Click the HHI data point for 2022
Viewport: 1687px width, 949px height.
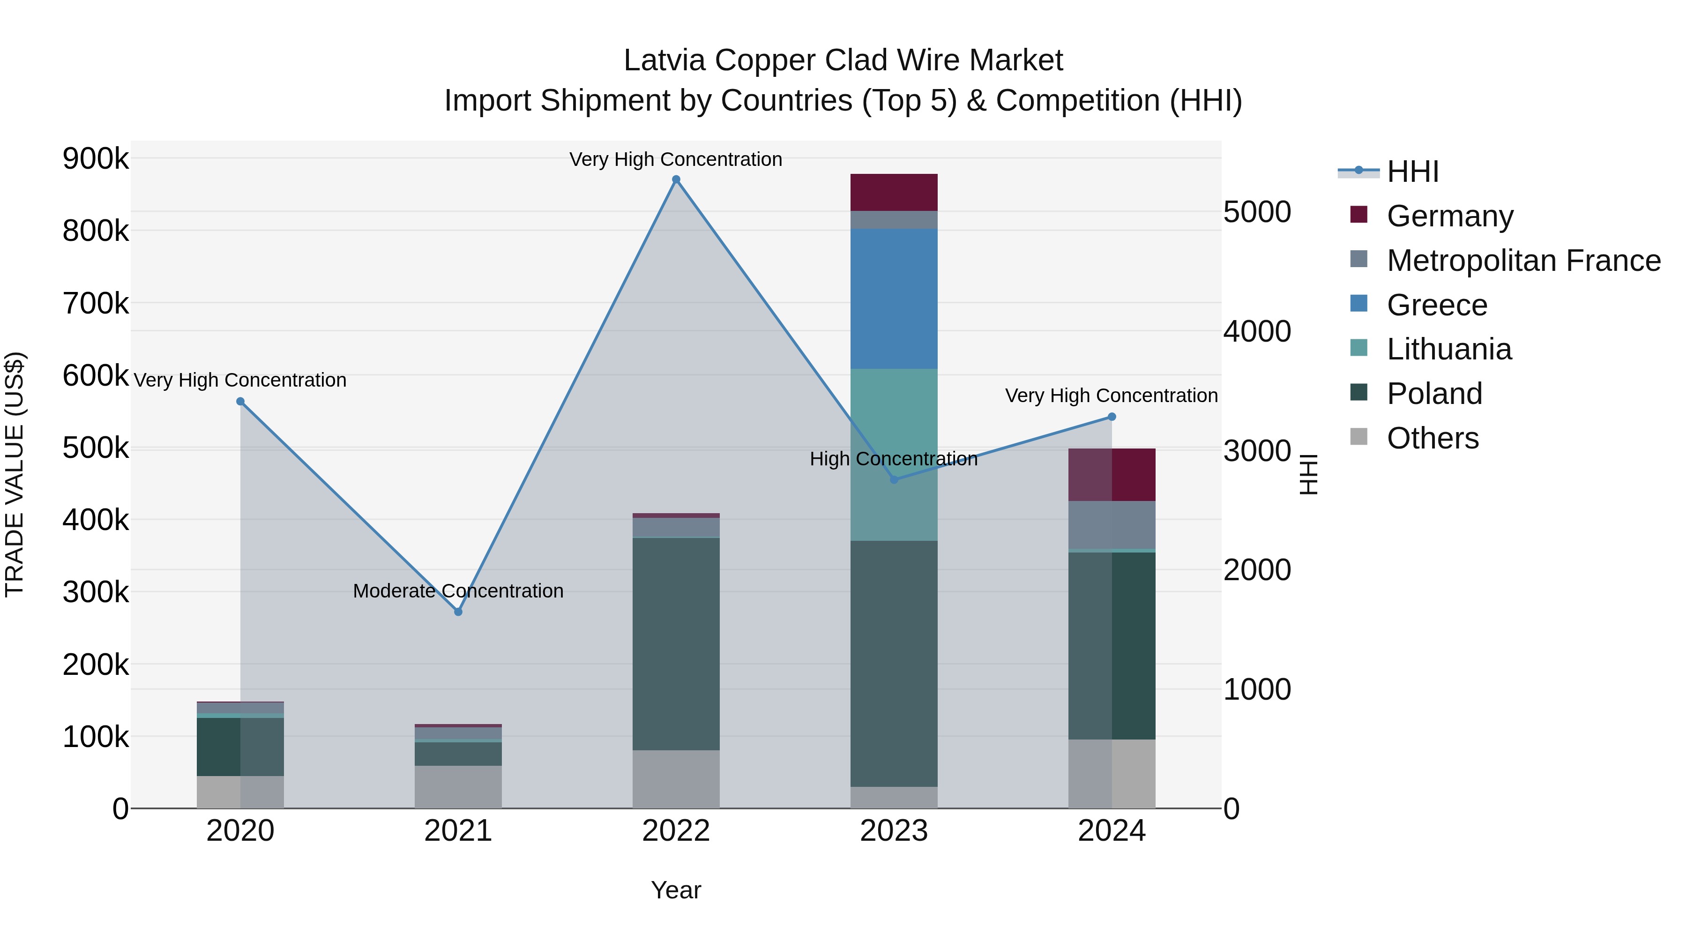(x=676, y=179)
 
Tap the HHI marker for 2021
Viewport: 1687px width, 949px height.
(x=458, y=612)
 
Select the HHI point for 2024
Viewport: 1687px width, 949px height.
(x=1112, y=417)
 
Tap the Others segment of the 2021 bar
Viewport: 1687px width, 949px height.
(x=458, y=786)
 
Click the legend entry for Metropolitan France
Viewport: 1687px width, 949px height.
(x=1523, y=260)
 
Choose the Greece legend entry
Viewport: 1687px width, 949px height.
(x=1437, y=305)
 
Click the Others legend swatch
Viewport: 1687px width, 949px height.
(x=1359, y=437)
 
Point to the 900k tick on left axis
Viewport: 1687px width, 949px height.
(x=96, y=158)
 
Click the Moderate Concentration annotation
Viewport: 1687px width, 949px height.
(x=458, y=591)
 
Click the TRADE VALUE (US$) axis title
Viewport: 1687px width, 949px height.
(x=15, y=474)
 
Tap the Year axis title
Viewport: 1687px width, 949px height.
(x=676, y=890)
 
